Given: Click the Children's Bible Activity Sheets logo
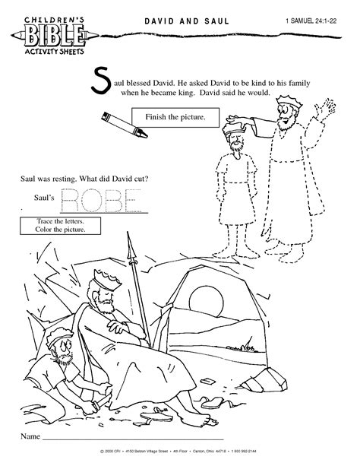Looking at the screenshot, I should [45, 35].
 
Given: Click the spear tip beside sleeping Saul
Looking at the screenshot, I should [130, 248].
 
